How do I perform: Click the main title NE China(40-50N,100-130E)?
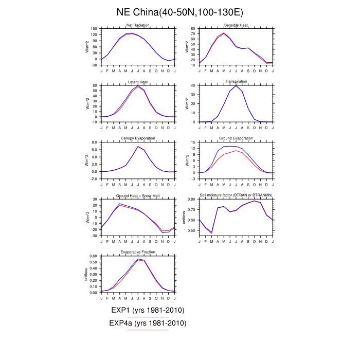click(x=180, y=11)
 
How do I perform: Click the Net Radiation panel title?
click(x=138, y=25)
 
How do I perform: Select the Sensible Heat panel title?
click(x=236, y=25)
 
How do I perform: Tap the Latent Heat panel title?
click(x=138, y=82)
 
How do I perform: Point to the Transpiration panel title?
click(x=236, y=82)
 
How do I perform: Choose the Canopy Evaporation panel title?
click(x=138, y=138)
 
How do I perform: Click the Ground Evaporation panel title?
click(x=236, y=138)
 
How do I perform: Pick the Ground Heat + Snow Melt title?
click(x=138, y=195)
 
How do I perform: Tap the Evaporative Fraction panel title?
click(x=138, y=252)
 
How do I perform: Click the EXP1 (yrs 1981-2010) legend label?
click(x=148, y=310)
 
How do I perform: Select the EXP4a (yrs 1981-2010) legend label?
click(x=148, y=323)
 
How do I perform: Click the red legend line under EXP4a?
click(x=148, y=330)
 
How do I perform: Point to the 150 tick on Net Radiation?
click(x=94, y=29)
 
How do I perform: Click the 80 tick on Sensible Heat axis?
click(x=193, y=29)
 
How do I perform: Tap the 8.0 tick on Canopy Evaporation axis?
click(x=94, y=142)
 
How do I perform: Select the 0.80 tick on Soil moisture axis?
click(x=191, y=199)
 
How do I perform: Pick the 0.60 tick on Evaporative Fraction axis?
click(x=93, y=256)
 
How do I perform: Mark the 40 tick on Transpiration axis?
click(x=193, y=85)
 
